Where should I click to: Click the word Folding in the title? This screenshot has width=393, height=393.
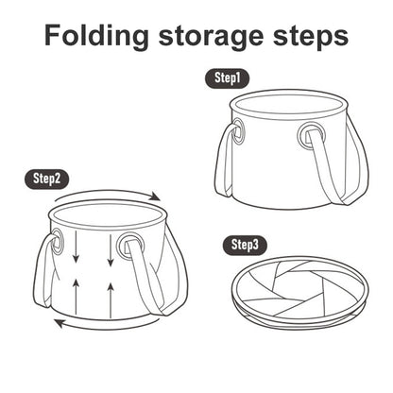[x=96, y=35]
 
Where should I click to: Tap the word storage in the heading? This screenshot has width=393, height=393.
[x=211, y=37]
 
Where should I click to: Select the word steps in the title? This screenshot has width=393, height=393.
[x=311, y=37]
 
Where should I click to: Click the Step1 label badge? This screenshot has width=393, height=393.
[x=228, y=78]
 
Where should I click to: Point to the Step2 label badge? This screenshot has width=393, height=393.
[x=46, y=179]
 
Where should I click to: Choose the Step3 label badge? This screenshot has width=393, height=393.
[x=245, y=246]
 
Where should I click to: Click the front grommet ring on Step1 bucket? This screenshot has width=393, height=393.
[x=311, y=137]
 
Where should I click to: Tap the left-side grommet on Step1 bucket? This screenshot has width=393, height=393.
[x=237, y=131]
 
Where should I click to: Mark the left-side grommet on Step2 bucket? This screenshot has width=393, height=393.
[x=57, y=241]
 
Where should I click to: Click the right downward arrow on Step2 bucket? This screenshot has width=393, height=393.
[x=111, y=249]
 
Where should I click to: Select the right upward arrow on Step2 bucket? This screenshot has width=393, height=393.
[x=111, y=300]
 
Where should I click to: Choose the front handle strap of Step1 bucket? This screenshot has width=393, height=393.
[x=328, y=167]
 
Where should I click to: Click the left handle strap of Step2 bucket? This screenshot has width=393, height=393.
[x=46, y=271]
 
